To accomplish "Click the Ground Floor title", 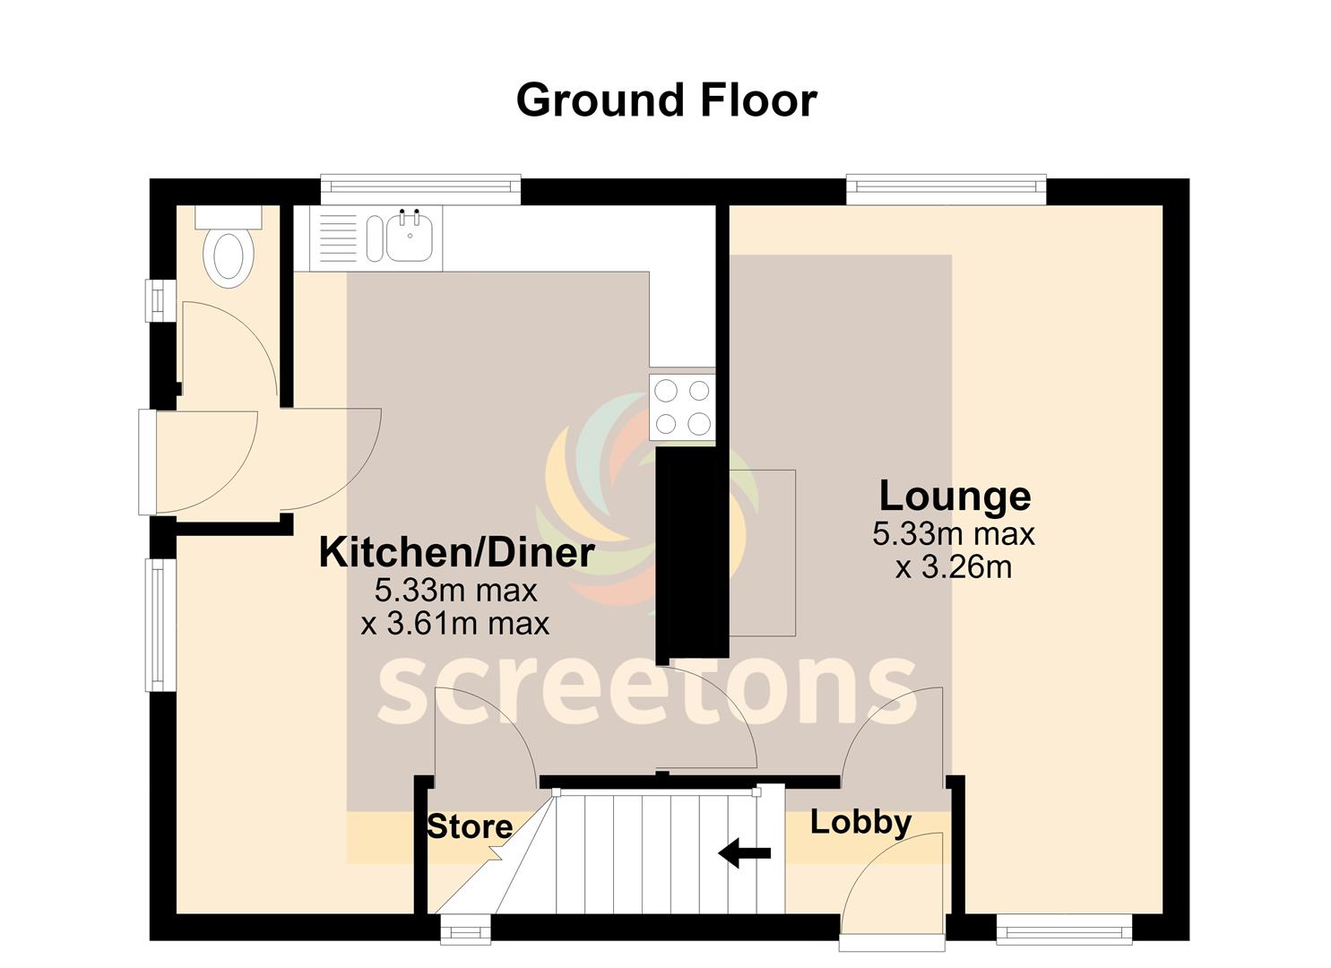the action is pos(667,100).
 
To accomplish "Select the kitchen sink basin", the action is pos(410,238).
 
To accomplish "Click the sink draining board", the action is pos(338,239).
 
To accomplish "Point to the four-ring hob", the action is pos(682,408).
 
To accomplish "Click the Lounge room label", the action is pos(955,497).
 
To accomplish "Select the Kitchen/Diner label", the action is pos(456,553).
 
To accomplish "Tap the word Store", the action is pos(470,827).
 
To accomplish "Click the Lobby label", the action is pos(860,824).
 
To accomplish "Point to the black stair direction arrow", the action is pos(744,853).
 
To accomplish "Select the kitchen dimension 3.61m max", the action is pos(455,625).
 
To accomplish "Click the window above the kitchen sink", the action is pos(420,189).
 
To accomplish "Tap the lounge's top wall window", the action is pos(946,189).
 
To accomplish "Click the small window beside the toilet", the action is pos(160,300).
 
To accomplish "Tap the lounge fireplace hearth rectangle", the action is pos(763,553).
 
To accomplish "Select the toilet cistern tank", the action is pos(229,217).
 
